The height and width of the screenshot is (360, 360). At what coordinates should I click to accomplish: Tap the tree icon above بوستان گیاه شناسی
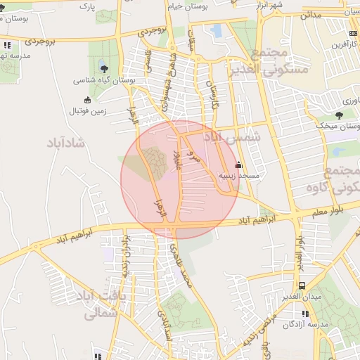104,68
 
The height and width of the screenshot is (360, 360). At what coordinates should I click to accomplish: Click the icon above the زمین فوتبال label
87,99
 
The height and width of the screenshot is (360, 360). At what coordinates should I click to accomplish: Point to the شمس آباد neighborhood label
236,137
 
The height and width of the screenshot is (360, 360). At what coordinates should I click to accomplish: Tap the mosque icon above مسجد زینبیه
238,165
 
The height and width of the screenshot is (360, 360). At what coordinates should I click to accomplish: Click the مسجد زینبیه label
239,175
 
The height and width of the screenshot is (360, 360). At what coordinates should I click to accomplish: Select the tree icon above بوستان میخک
339,115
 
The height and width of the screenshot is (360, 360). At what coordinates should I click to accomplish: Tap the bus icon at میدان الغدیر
302,285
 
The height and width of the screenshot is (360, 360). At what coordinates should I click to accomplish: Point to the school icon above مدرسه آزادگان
304,314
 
